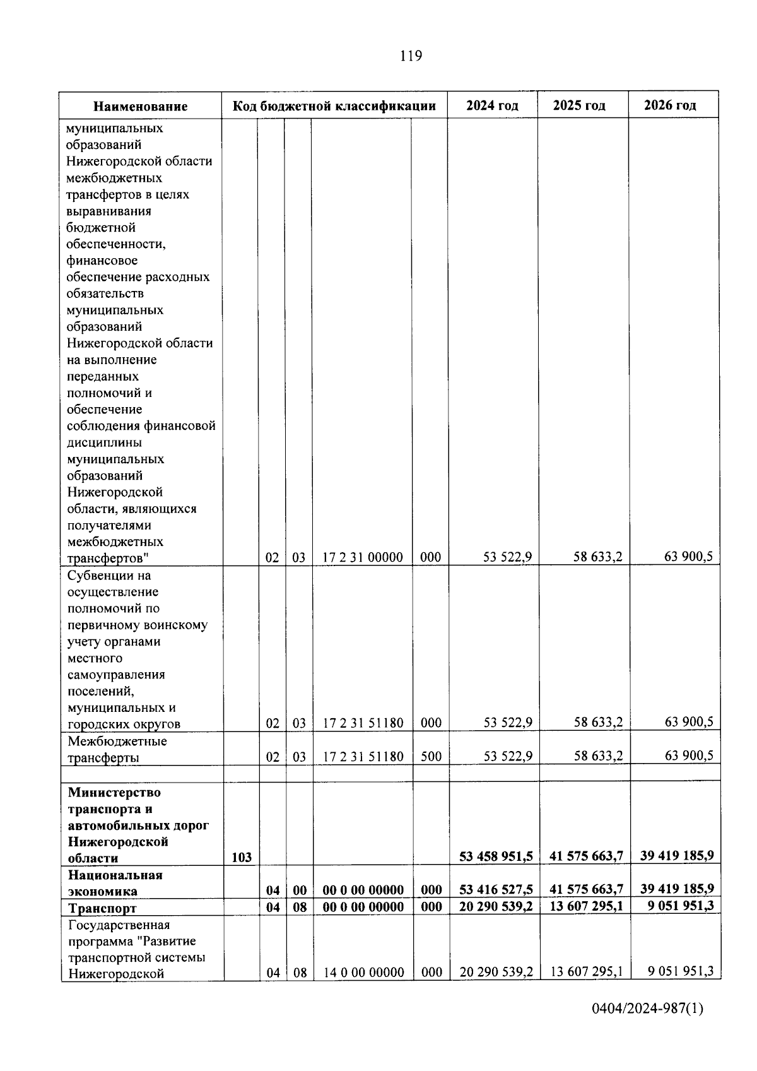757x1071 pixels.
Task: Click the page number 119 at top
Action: (411, 56)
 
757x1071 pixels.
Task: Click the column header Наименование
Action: (141, 106)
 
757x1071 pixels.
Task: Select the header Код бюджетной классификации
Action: (334, 105)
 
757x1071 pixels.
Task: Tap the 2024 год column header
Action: (492, 105)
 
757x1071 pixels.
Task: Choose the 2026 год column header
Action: (670, 105)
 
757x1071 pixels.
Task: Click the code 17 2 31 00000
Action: (363, 557)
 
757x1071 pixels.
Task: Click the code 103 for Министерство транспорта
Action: (241, 857)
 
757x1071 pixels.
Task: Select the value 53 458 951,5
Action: (496, 856)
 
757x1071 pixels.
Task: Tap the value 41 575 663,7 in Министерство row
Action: (587, 856)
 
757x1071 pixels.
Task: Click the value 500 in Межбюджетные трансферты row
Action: (431, 756)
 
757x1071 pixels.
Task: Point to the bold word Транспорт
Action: (102, 908)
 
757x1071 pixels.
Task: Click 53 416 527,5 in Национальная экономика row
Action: (496, 890)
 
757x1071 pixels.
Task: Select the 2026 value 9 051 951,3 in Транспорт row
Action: (677, 906)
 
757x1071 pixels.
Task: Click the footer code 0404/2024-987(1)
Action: (647, 1026)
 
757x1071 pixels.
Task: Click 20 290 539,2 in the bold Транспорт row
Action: (496, 907)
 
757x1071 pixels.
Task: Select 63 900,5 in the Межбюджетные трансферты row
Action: (689, 755)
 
